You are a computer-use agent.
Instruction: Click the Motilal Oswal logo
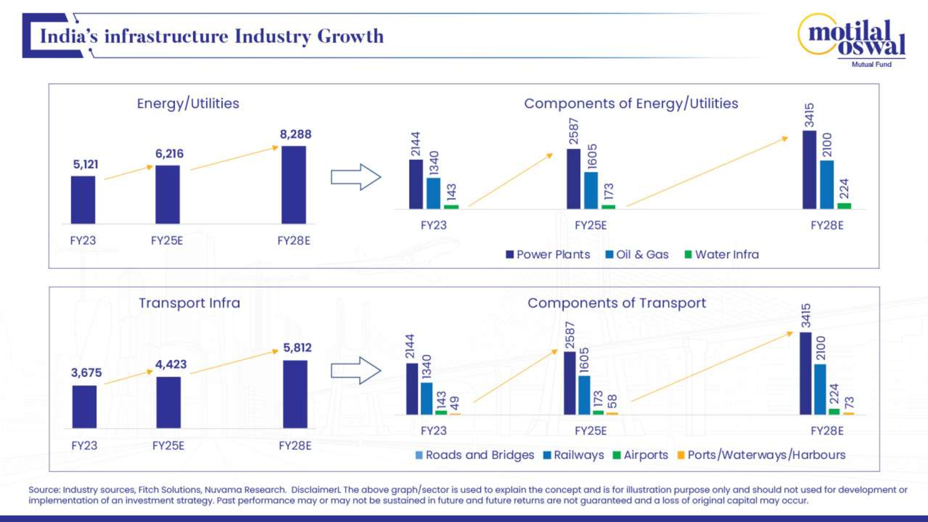852,40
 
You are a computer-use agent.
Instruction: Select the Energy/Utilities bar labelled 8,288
294,185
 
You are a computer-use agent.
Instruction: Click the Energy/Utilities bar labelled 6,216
168,195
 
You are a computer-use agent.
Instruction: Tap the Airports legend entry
641,455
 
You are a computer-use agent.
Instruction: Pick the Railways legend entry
574,455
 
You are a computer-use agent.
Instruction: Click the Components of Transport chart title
616,303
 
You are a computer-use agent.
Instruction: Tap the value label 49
455,403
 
